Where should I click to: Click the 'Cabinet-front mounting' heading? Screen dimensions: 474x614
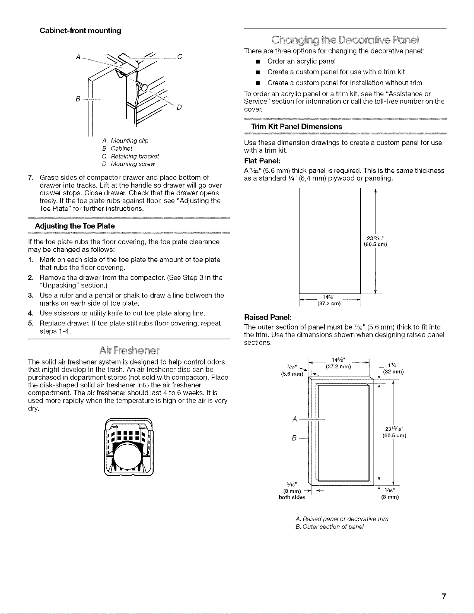coord(80,31)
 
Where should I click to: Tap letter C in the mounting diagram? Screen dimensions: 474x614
coord(180,57)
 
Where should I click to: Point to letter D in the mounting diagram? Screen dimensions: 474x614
coord(179,107)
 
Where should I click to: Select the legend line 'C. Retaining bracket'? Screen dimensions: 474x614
coord(130,156)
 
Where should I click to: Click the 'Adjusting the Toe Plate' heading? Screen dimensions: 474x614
coord(75,226)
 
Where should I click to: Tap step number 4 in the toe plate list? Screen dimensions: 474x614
coord(31,313)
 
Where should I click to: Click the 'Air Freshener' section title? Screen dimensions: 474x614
coord(129,350)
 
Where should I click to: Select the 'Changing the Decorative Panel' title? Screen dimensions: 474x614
coord(345,40)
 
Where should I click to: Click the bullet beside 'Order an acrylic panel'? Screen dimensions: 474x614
coord(257,62)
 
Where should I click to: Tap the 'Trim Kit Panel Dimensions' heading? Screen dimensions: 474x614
coord(296,127)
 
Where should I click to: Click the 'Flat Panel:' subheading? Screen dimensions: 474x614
coord(262,161)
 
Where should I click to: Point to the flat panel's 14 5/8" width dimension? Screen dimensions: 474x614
coord(329,297)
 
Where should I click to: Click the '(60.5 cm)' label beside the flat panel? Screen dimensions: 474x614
coord(375,244)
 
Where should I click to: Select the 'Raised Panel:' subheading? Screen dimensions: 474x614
coord(267,317)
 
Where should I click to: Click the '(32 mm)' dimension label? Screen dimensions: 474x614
coord(393,372)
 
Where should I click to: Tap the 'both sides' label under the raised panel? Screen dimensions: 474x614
coord(292,497)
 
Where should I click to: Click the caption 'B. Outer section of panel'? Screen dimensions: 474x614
coord(330,527)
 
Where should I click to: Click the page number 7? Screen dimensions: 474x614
coord(444,596)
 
